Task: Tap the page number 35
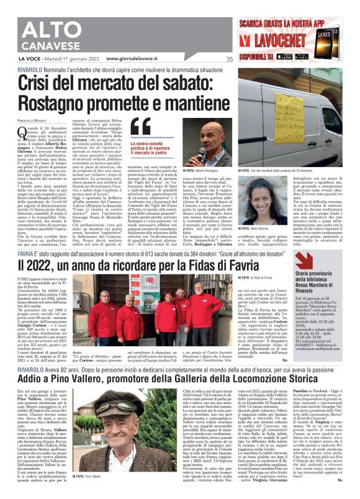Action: (x=230, y=60)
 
